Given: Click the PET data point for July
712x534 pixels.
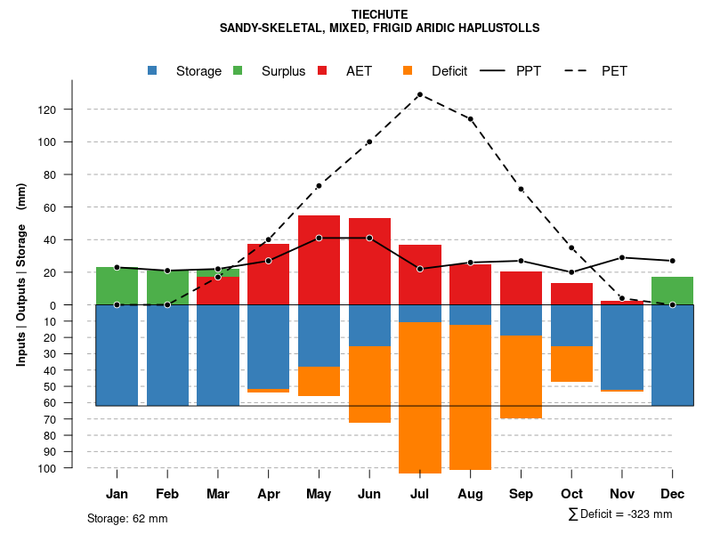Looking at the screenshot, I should [x=419, y=94].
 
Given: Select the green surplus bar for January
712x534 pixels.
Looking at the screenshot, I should [x=117, y=285].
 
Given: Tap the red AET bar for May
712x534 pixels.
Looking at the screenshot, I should [x=319, y=260].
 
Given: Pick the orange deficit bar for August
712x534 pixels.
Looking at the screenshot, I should [x=470, y=397].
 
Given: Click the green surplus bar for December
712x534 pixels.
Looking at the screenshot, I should [x=672, y=290].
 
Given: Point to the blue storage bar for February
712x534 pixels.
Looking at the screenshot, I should [x=167, y=355].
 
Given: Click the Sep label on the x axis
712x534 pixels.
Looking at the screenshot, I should [x=522, y=494].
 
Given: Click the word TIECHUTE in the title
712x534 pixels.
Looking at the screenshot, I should [x=379, y=15].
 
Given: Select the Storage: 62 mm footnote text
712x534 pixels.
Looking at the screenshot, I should [x=127, y=518].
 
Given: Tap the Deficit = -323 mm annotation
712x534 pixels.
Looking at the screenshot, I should [x=620, y=514].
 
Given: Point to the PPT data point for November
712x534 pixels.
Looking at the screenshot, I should [x=622, y=257].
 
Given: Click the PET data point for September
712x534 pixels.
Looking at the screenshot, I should [x=521, y=189].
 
